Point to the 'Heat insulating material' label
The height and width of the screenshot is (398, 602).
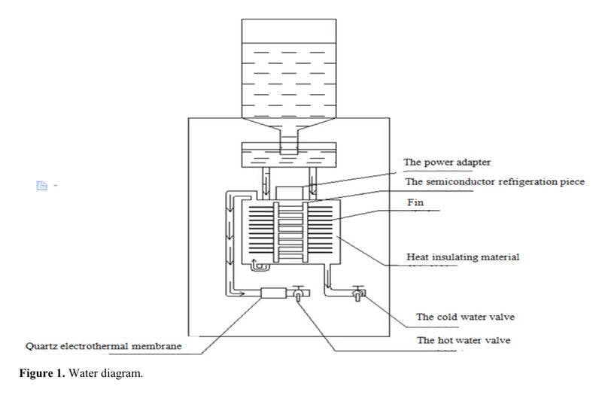(x=462, y=257)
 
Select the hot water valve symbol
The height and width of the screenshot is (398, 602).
(x=297, y=296)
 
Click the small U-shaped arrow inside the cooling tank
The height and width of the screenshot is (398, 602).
(x=257, y=263)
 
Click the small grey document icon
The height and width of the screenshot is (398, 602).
(x=44, y=185)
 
